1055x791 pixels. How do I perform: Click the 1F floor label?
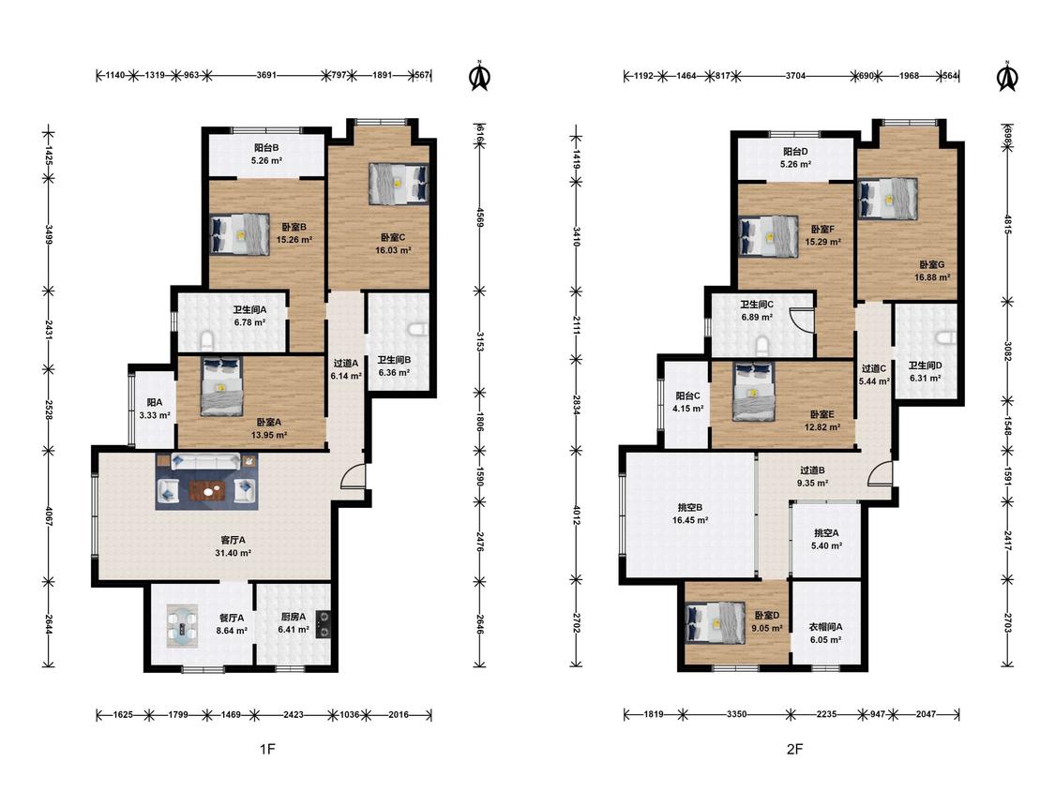268,749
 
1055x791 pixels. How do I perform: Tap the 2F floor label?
794,749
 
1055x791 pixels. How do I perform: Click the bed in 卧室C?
399,183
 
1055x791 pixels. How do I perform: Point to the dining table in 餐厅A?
183,626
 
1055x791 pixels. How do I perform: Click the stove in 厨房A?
324,623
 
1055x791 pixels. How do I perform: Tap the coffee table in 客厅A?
207,491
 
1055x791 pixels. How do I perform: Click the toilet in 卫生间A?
207,342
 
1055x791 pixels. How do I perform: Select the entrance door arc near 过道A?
352,475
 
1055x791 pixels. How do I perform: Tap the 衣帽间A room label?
825,626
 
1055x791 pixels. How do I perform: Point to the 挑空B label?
689,507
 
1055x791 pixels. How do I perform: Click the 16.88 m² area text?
932,277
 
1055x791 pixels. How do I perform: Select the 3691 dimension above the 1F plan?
266,75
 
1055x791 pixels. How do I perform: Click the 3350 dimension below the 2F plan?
736,714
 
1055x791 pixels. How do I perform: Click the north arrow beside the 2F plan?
1006,76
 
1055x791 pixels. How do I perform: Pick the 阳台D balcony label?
795,151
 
